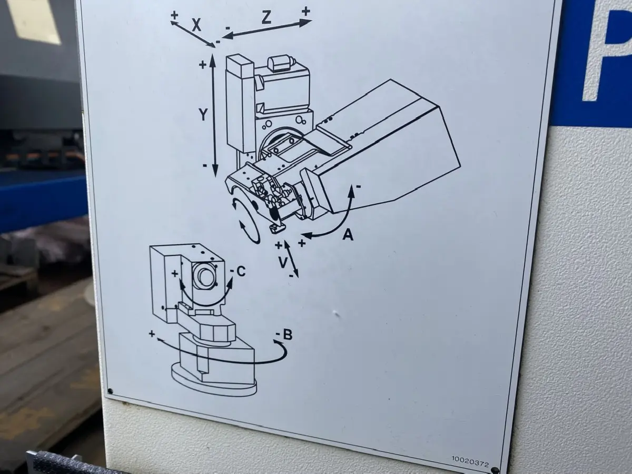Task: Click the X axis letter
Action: (x=196, y=25)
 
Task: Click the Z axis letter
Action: (x=266, y=17)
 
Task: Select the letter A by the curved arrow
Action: (x=348, y=235)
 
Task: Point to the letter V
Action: (x=283, y=262)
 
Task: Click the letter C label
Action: (x=241, y=271)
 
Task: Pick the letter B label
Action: (x=288, y=334)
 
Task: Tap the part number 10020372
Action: (x=470, y=465)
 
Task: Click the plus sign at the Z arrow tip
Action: (x=306, y=12)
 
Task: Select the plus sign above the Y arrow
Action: (x=203, y=65)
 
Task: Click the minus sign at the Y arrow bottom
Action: (x=205, y=165)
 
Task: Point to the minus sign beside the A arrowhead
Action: (x=359, y=186)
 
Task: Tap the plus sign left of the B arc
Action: (x=152, y=334)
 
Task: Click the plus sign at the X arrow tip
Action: (x=174, y=15)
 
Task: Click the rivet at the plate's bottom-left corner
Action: (x=110, y=391)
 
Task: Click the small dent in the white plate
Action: (x=335, y=313)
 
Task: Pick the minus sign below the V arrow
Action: (x=291, y=275)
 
